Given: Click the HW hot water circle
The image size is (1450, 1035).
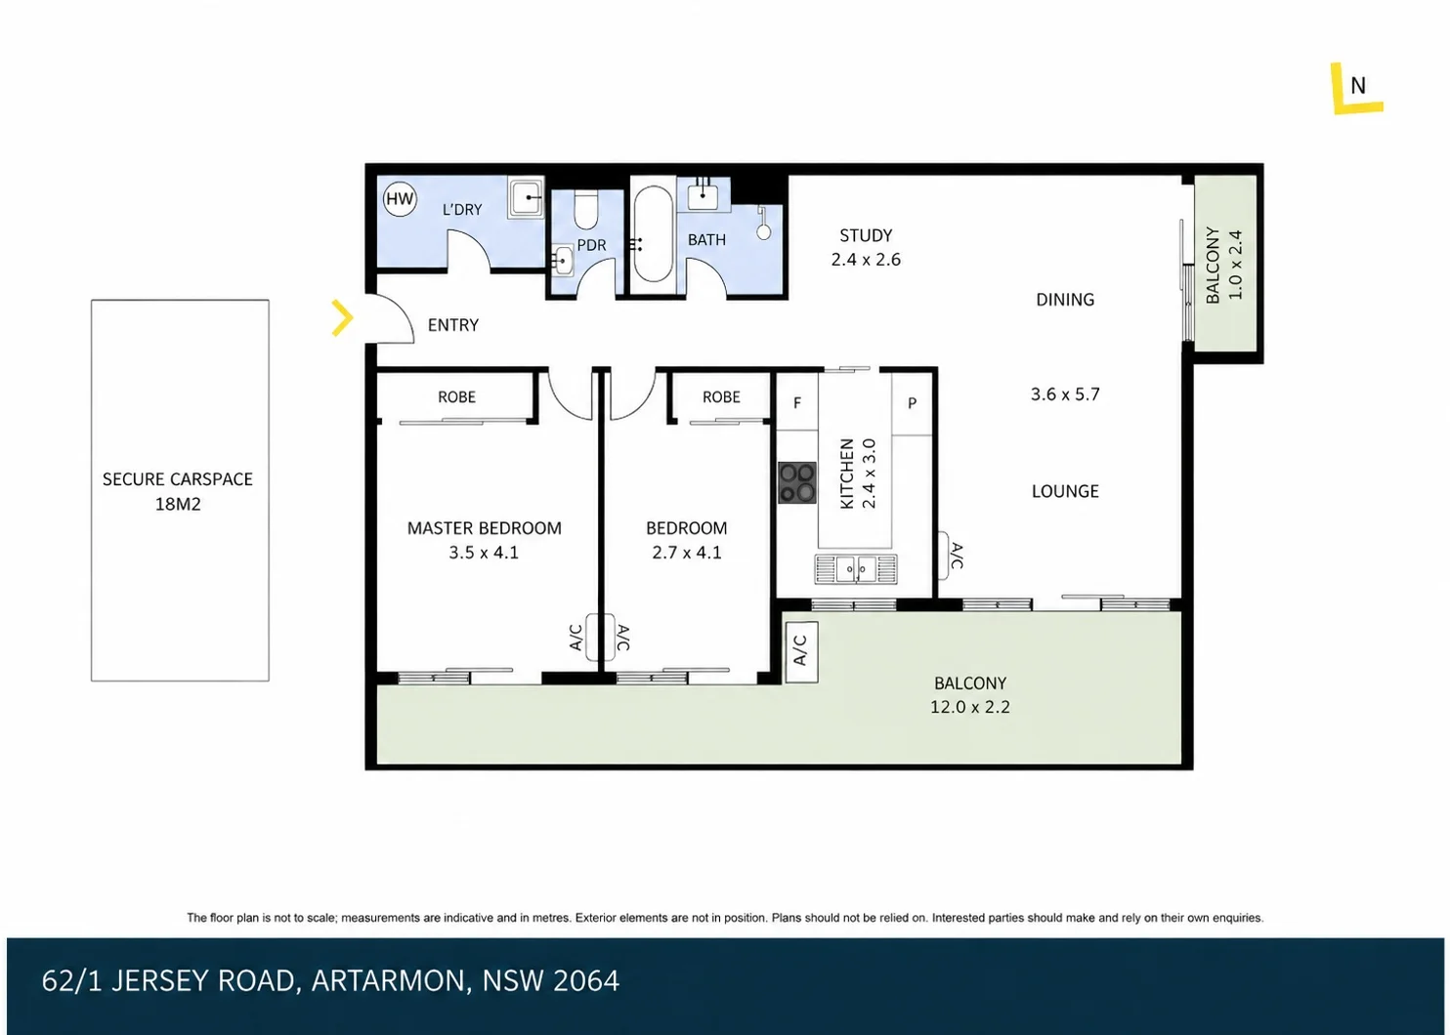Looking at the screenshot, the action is point(400,199).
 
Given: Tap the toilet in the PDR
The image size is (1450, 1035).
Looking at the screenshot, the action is point(586,210).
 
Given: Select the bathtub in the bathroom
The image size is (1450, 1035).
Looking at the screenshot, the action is point(653,234).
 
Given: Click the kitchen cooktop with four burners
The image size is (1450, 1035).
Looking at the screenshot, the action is point(797,482).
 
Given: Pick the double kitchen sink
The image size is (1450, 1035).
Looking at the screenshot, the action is point(856,569).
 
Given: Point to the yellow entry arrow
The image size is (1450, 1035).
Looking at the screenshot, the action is point(342,317).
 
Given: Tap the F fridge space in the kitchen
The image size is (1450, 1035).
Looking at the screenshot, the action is point(797,403).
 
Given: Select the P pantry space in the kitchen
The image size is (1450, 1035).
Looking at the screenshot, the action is point(912,403).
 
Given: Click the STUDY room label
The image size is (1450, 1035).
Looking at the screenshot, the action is point(866,234).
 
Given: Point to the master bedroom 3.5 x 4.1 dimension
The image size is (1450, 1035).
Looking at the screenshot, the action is point(484,553).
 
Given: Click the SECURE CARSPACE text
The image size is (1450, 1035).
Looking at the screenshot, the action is point(178,479).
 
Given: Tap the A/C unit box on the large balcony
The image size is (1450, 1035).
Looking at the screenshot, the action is point(801,652).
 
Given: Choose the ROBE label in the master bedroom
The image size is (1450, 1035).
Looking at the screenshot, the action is point(456,396).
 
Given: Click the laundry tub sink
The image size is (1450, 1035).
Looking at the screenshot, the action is point(526,197).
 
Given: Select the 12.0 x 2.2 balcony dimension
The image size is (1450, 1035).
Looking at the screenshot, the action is point(969,707).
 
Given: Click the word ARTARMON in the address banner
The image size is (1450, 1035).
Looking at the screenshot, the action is point(389,980).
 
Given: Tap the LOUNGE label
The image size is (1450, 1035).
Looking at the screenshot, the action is point(1065,492).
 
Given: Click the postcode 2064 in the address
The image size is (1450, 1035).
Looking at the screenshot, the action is point(586,980).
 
